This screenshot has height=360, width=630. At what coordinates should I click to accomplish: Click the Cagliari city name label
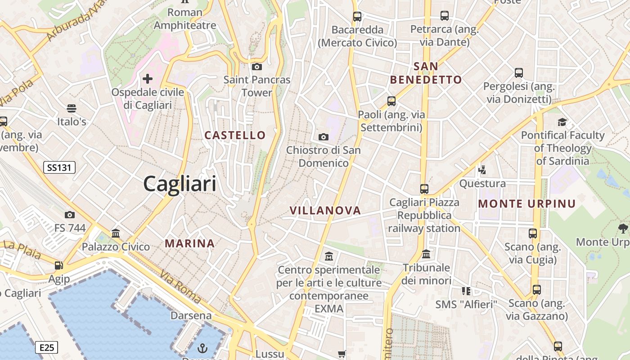(x=180, y=184)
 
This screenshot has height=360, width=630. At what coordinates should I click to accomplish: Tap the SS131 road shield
(x=59, y=168)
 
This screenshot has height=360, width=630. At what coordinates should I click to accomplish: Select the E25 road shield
(x=46, y=347)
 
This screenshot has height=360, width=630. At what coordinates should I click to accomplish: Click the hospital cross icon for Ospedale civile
(x=148, y=79)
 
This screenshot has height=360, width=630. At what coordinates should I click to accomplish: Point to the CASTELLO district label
(x=235, y=135)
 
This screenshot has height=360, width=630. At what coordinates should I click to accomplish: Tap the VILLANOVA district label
(x=325, y=211)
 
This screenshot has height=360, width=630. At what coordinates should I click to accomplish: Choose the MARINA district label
(x=189, y=244)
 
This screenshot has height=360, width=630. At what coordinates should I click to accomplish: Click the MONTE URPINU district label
(x=527, y=204)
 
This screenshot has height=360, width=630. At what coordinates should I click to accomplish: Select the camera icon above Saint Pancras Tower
(x=257, y=67)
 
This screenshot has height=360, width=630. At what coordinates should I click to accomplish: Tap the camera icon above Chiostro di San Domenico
(x=323, y=137)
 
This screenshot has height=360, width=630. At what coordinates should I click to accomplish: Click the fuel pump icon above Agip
(x=59, y=265)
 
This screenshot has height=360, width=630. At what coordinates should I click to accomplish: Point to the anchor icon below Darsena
(x=202, y=348)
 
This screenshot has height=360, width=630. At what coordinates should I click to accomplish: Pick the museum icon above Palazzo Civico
(x=116, y=233)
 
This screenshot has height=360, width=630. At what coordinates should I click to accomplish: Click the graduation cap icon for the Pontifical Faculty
(x=562, y=122)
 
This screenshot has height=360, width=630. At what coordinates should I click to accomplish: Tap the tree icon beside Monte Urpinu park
(x=623, y=229)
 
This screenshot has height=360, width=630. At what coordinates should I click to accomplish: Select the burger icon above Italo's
(x=71, y=108)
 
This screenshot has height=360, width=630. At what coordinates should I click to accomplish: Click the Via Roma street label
(x=180, y=287)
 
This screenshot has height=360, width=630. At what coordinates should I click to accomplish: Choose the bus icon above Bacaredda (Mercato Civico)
(x=357, y=17)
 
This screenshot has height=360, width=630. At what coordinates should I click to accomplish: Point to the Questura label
(x=482, y=184)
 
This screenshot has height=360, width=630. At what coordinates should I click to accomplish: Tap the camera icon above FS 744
(x=70, y=215)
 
